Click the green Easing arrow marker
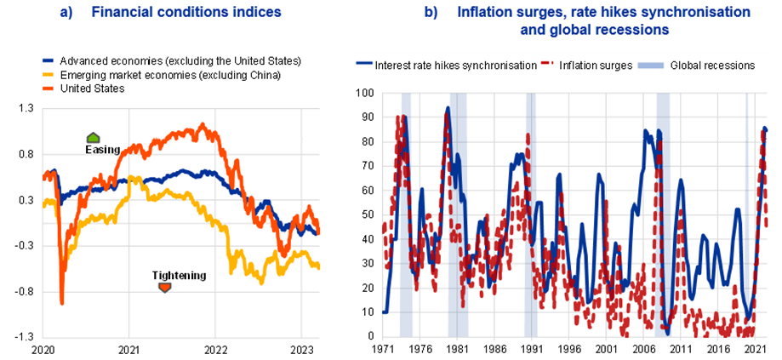click(94, 138)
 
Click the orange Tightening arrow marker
click(165, 288)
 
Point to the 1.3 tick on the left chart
click(26, 108)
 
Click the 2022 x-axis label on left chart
click(216, 350)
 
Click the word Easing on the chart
click(101, 150)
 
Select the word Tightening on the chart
click(179, 275)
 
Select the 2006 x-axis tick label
click(643, 349)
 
